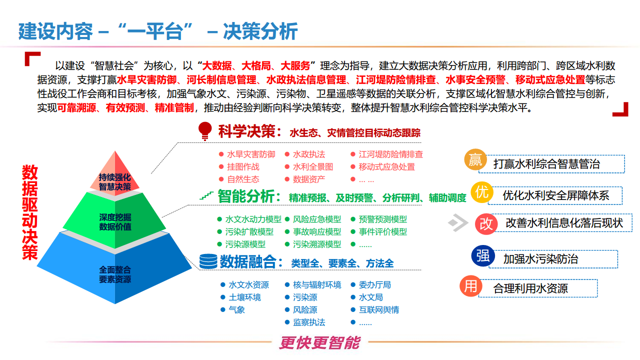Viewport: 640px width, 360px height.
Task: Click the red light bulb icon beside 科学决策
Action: pyautogui.click(x=204, y=130)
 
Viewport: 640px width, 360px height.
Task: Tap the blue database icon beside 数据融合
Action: pyautogui.click(x=208, y=261)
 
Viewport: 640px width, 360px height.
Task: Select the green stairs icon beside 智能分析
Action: pyautogui.click(x=206, y=195)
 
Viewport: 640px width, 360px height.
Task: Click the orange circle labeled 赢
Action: pyautogui.click(x=475, y=160)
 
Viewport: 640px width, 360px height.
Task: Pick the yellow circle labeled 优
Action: pyautogui.click(x=482, y=192)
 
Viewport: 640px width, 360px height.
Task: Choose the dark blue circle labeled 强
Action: pyautogui.click(x=482, y=256)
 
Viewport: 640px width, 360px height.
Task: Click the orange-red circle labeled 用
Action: pyautogui.click(x=471, y=286)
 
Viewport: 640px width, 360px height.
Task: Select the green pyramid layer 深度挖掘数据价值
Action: pyautogui.click(x=115, y=221)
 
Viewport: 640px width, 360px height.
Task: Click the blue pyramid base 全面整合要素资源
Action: pyautogui.click(x=115, y=274)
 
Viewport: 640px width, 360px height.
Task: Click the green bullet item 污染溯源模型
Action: pyautogui.click(x=317, y=244)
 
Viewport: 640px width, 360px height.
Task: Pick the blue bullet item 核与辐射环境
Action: pyautogui.click(x=317, y=285)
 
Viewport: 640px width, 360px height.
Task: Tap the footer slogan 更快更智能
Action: pyautogui.click(x=319, y=343)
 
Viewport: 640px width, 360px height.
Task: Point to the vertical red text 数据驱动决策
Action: pyautogui.click(x=29, y=212)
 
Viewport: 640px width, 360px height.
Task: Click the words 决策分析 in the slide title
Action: pyautogui.click(x=260, y=31)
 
